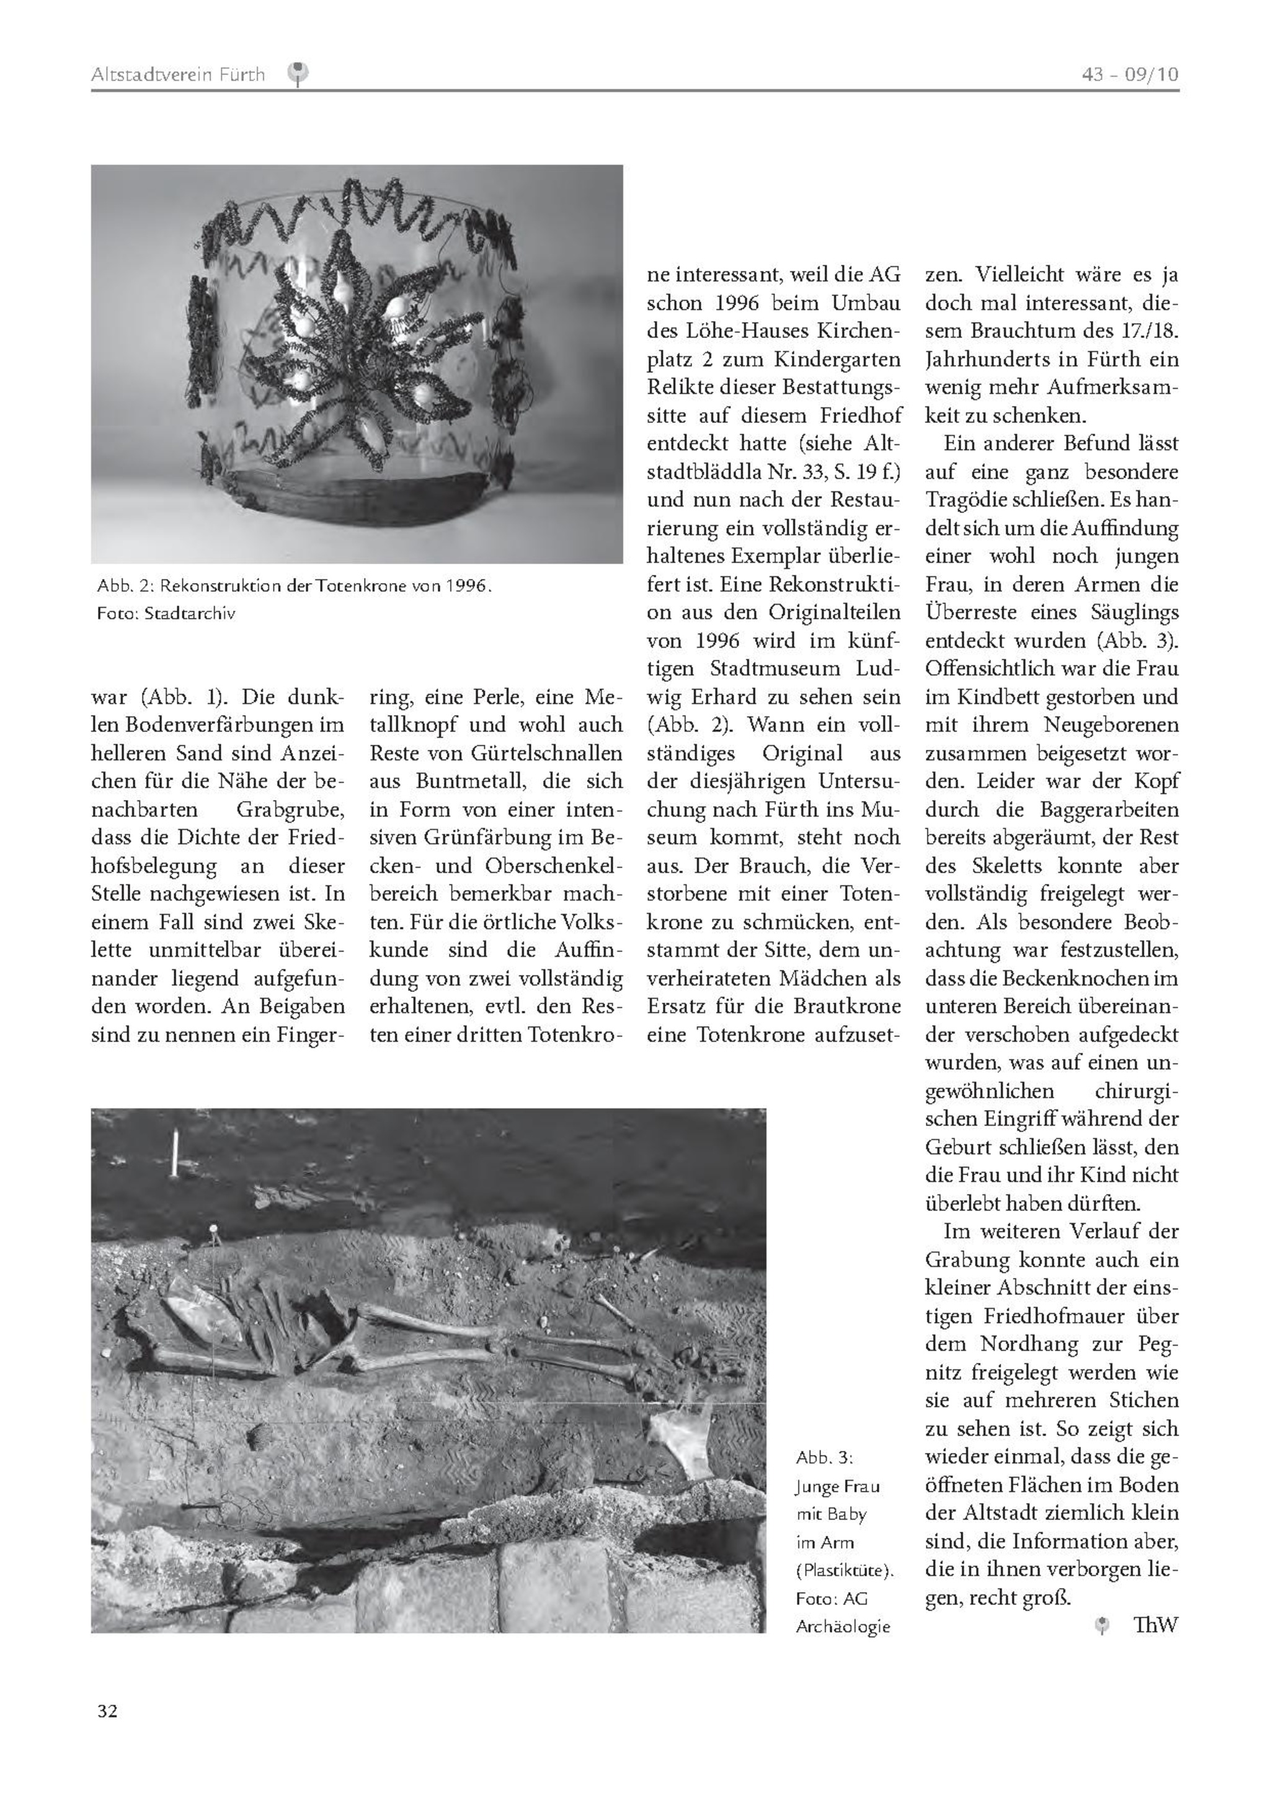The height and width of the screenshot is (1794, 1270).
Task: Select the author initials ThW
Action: (x=1156, y=1625)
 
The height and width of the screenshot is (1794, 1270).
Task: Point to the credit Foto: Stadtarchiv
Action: (x=166, y=613)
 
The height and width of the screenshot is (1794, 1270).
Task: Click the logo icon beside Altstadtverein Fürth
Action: (x=298, y=74)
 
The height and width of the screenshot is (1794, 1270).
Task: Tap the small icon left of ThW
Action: (x=1102, y=1626)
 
